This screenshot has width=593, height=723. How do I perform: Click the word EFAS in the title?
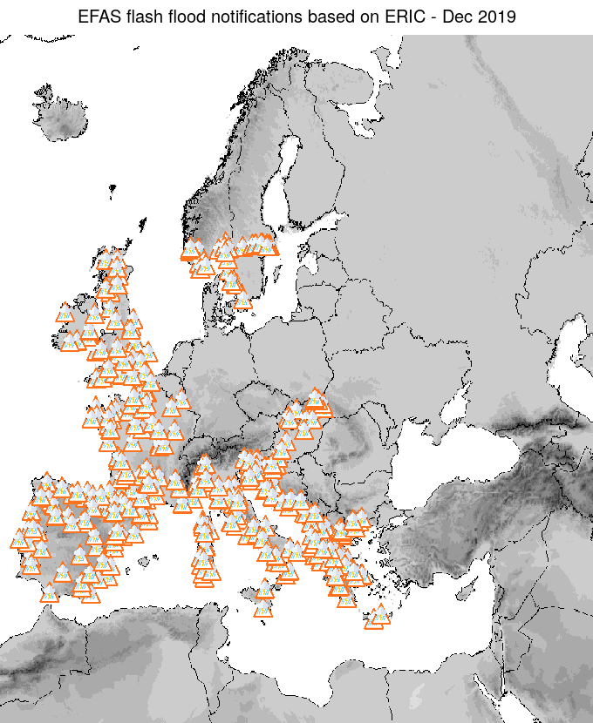click(x=98, y=17)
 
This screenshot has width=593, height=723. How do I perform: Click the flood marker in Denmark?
click(x=243, y=301)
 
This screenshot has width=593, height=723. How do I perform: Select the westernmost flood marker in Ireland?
click(x=65, y=313)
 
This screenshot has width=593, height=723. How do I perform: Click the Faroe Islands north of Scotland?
click(x=112, y=187)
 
